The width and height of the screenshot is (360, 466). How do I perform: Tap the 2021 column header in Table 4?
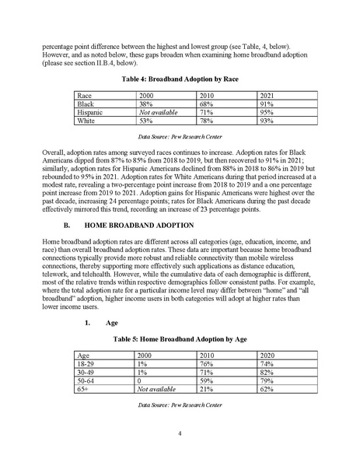coord(267,96)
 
